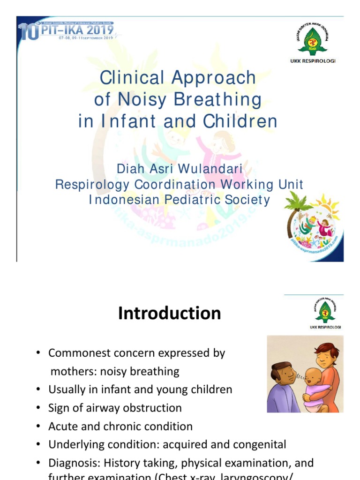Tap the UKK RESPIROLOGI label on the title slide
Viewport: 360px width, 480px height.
(x=314, y=60)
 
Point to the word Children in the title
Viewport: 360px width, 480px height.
(x=240, y=121)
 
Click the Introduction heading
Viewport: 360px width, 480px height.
(x=169, y=313)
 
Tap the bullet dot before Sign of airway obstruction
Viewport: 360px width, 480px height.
(x=39, y=408)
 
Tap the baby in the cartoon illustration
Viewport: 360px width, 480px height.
(x=313, y=383)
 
